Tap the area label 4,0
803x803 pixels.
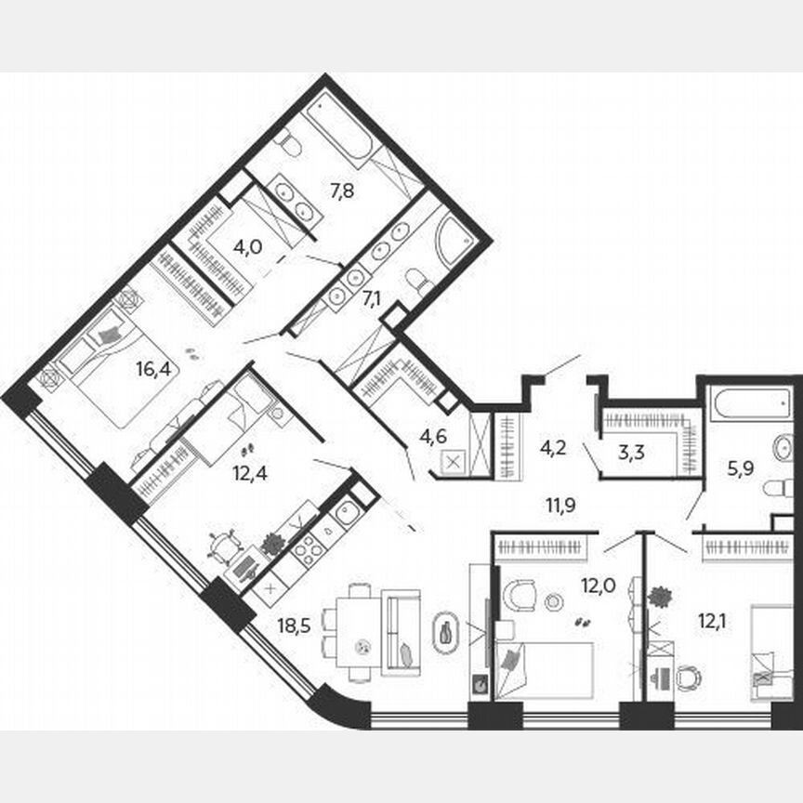246,248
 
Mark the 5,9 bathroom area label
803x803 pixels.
741,469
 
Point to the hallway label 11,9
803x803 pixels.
560,507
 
